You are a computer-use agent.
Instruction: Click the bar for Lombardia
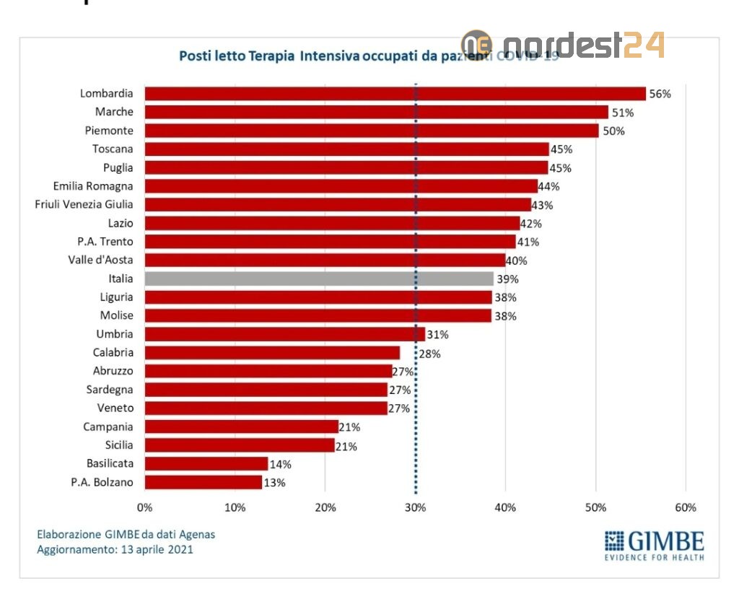pos(395,93)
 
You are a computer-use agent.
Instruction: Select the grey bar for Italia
pos(319,279)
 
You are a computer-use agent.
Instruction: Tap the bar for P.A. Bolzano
pos(204,482)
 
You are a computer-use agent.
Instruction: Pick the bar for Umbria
pos(285,334)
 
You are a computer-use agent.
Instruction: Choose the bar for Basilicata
pos(206,463)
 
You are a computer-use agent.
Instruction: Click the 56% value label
pos(660,94)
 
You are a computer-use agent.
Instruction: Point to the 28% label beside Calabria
pos(429,354)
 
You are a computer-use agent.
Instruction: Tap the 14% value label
pos(281,464)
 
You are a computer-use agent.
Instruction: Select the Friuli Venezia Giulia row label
pos(84,204)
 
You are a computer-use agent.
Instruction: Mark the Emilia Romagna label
pos(93,185)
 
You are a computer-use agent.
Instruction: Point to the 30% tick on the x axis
pos(415,507)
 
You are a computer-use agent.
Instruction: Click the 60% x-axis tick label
pos(685,507)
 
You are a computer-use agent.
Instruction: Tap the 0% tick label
pos(145,507)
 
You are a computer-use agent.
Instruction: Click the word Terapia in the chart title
pos(271,56)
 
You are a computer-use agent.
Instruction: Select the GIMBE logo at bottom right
pos(654,544)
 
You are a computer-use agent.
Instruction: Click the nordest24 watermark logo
pos(563,45)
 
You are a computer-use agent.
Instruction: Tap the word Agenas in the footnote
pos(196,535)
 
